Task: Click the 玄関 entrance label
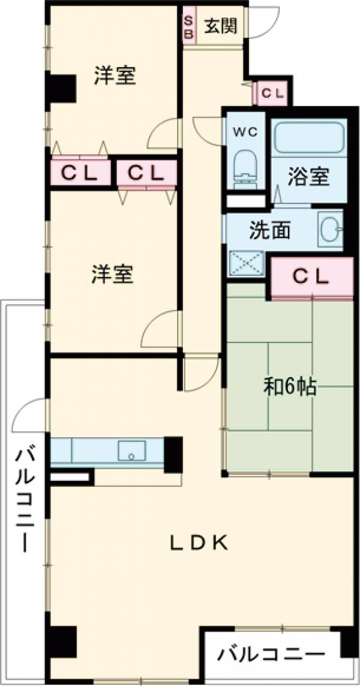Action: [x=221, y=27]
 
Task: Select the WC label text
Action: [x=245, y=131]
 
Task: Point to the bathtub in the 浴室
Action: [x=309, y=137]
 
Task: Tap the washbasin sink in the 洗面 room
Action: [x=331, y=229]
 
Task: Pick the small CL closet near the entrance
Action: [x=272, y=93]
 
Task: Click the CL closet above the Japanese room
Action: [x=311, y=278]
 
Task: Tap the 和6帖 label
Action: [x=289, y=386]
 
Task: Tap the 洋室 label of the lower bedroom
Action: [x=113, y=274]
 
